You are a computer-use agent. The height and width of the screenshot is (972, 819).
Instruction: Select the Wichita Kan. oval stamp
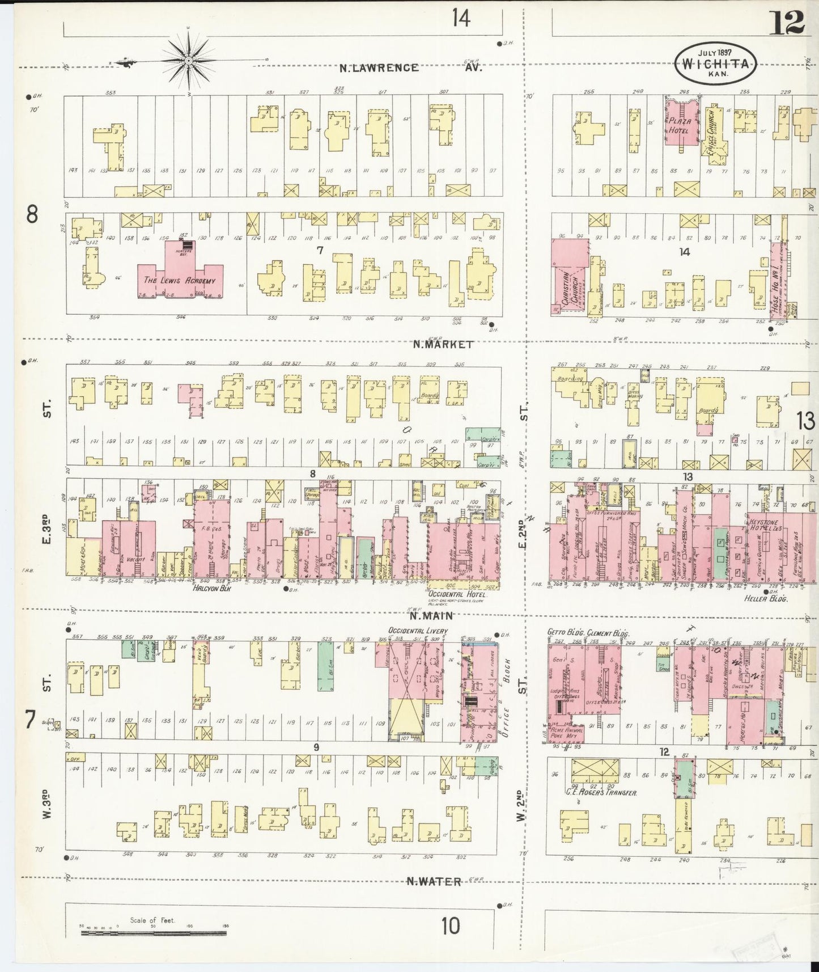point(715,64)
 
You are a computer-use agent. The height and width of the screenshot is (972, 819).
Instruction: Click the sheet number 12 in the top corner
point(787,22)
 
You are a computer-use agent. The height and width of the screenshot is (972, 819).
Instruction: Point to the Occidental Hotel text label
point(457,594)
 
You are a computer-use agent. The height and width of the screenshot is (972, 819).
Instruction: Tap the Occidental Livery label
point(418,631)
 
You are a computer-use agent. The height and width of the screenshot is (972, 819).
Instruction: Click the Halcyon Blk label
point(210,589)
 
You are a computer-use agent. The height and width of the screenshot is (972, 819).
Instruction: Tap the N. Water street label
point(434,881)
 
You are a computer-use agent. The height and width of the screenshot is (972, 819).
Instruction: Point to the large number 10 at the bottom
point(451,926)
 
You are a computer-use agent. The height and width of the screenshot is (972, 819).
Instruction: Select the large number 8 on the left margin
point(32,214)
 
